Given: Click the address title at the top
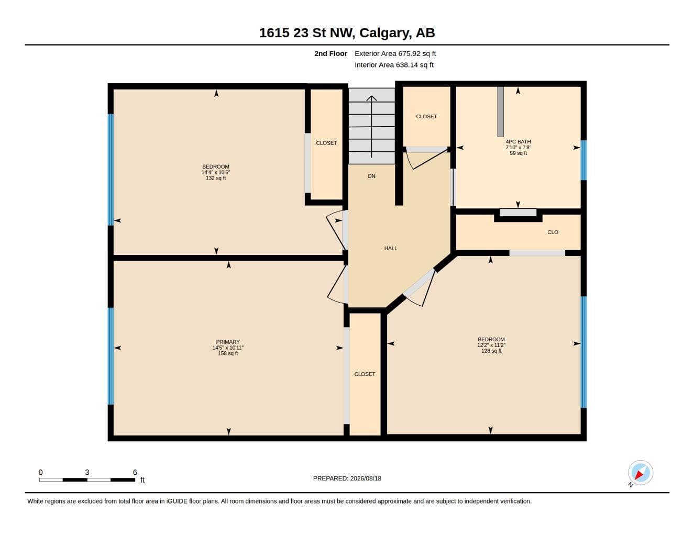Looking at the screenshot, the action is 347,33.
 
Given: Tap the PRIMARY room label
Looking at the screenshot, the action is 228,342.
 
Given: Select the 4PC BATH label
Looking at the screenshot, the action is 518,142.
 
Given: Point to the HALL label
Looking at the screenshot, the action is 391,248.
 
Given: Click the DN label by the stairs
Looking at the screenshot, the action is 371,176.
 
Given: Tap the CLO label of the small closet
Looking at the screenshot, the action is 553,232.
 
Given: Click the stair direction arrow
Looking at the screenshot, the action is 371,126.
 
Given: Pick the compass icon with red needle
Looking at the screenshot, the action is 641,473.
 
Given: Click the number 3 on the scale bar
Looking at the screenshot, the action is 87,472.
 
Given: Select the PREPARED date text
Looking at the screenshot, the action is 347,478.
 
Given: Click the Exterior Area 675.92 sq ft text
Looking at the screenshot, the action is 395,53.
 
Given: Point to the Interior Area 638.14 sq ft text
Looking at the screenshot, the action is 394,65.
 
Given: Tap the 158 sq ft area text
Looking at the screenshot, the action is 228,353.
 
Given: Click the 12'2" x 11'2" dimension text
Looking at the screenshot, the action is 491,345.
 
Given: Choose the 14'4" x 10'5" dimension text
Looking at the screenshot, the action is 216,172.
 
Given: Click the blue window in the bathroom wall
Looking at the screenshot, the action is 583,160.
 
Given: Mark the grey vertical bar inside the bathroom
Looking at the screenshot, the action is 500,111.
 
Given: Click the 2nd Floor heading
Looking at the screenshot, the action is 331,53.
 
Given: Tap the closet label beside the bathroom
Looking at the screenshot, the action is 426,117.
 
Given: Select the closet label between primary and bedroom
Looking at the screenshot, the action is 365,374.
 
